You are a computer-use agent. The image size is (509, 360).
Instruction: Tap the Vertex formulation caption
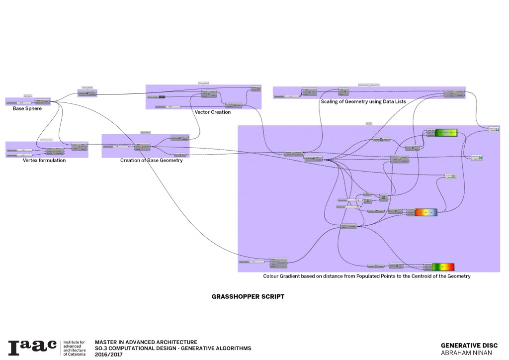click(x=44, y=161)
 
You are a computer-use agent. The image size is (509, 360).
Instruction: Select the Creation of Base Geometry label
click(x=151, y=161)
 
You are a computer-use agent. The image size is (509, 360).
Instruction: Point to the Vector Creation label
click(x=213, y=112)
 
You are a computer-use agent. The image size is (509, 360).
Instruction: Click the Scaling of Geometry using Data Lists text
click(x=363, y=101)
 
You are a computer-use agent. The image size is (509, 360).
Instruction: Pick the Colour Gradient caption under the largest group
click(x=366, y=275)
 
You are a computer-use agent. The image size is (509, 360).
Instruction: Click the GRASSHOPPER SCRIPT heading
click(x=248, y=296)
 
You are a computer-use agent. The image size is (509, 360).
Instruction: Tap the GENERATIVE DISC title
click(x=469, y=346)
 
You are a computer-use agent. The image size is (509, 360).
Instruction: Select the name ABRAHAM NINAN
click(x=466, y=353)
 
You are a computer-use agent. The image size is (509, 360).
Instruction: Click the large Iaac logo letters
click(x=32, y=348)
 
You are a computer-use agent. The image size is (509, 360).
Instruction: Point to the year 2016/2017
click(x=108, y=355)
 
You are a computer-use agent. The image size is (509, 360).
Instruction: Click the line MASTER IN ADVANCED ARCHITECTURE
click(x=146, y=342)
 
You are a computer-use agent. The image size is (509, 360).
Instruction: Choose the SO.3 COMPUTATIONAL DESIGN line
click(x=173, y=348)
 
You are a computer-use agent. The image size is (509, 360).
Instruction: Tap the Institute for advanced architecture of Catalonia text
click(x=75, y=348)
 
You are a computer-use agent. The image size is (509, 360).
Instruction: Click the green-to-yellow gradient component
click(x=446, y=133)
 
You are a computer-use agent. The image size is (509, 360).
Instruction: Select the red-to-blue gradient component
click(x=425, y=212)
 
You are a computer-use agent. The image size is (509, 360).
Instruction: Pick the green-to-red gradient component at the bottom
click(x=443, y=267)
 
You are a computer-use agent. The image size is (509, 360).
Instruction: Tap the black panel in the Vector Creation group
click(x=161, y=96)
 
